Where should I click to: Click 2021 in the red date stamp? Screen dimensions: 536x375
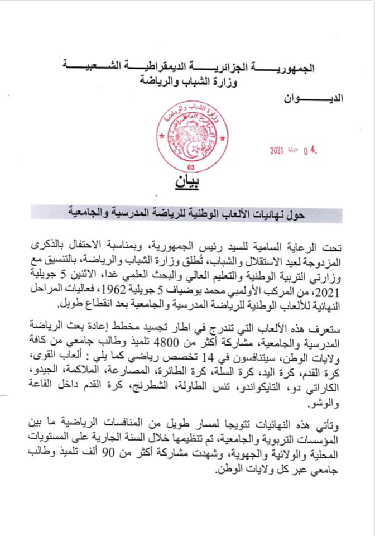[x=277, y=150]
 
